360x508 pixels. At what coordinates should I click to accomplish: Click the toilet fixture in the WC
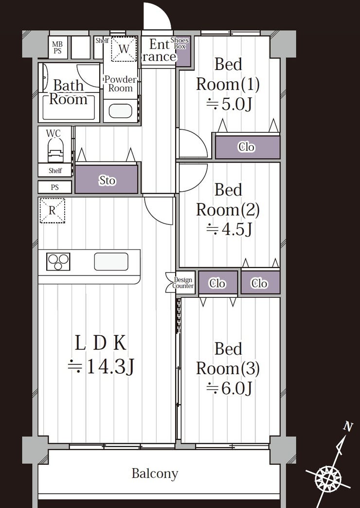pos(56,150)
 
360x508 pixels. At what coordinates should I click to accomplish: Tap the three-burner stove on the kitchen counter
pos(58,261)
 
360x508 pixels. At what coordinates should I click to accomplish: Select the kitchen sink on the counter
pos(111,261)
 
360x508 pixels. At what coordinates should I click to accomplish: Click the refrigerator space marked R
pos(52,211)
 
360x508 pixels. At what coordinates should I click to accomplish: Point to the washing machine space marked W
pos(124,49)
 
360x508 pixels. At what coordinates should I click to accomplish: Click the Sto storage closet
pos(107,180)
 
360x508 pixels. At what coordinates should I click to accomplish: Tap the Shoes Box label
pos(180,43)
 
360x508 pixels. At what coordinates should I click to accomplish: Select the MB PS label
pos(57,48)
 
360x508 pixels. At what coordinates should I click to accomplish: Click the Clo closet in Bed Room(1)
pos(248,147)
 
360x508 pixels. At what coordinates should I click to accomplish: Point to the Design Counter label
pos(183,283)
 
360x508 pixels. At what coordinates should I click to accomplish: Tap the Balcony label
pos(155,473)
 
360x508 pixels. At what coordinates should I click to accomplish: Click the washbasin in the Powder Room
pos(120,111)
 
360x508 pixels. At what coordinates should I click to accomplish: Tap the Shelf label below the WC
pos(55,170)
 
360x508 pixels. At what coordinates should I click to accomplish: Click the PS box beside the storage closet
pos(55,187)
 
